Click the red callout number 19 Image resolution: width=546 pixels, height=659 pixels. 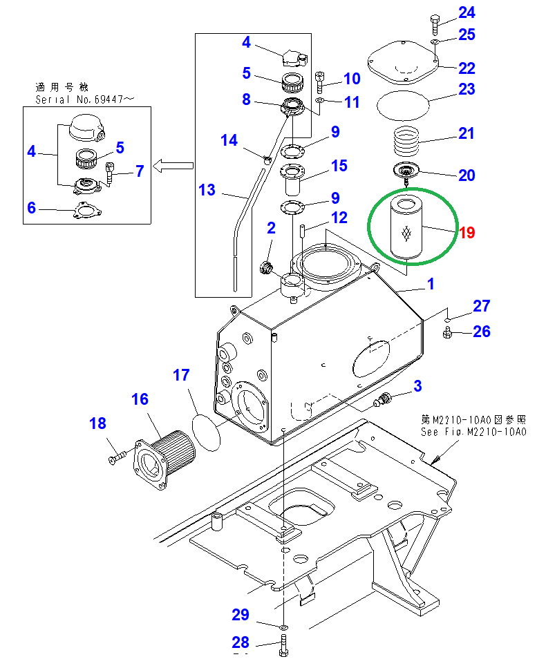click(x=467, y=233)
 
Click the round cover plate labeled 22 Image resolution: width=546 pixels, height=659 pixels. click(x=404, y=65)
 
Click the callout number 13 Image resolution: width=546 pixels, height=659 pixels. click(x=207, y=189)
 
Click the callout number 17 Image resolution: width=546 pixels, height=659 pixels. click(x=180, y=375)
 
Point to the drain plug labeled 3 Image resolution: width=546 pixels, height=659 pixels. click(x=382, y=399)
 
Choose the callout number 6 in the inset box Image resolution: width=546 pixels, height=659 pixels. click(x=31, y=207)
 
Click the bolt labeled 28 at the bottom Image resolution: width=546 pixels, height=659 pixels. click(x=283, y=652)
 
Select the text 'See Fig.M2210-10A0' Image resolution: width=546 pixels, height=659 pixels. click(x=473, y=432)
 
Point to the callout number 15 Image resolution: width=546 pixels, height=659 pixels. click(x=339, y=166)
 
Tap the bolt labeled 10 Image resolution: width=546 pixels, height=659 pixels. click(x=320, y=82)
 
